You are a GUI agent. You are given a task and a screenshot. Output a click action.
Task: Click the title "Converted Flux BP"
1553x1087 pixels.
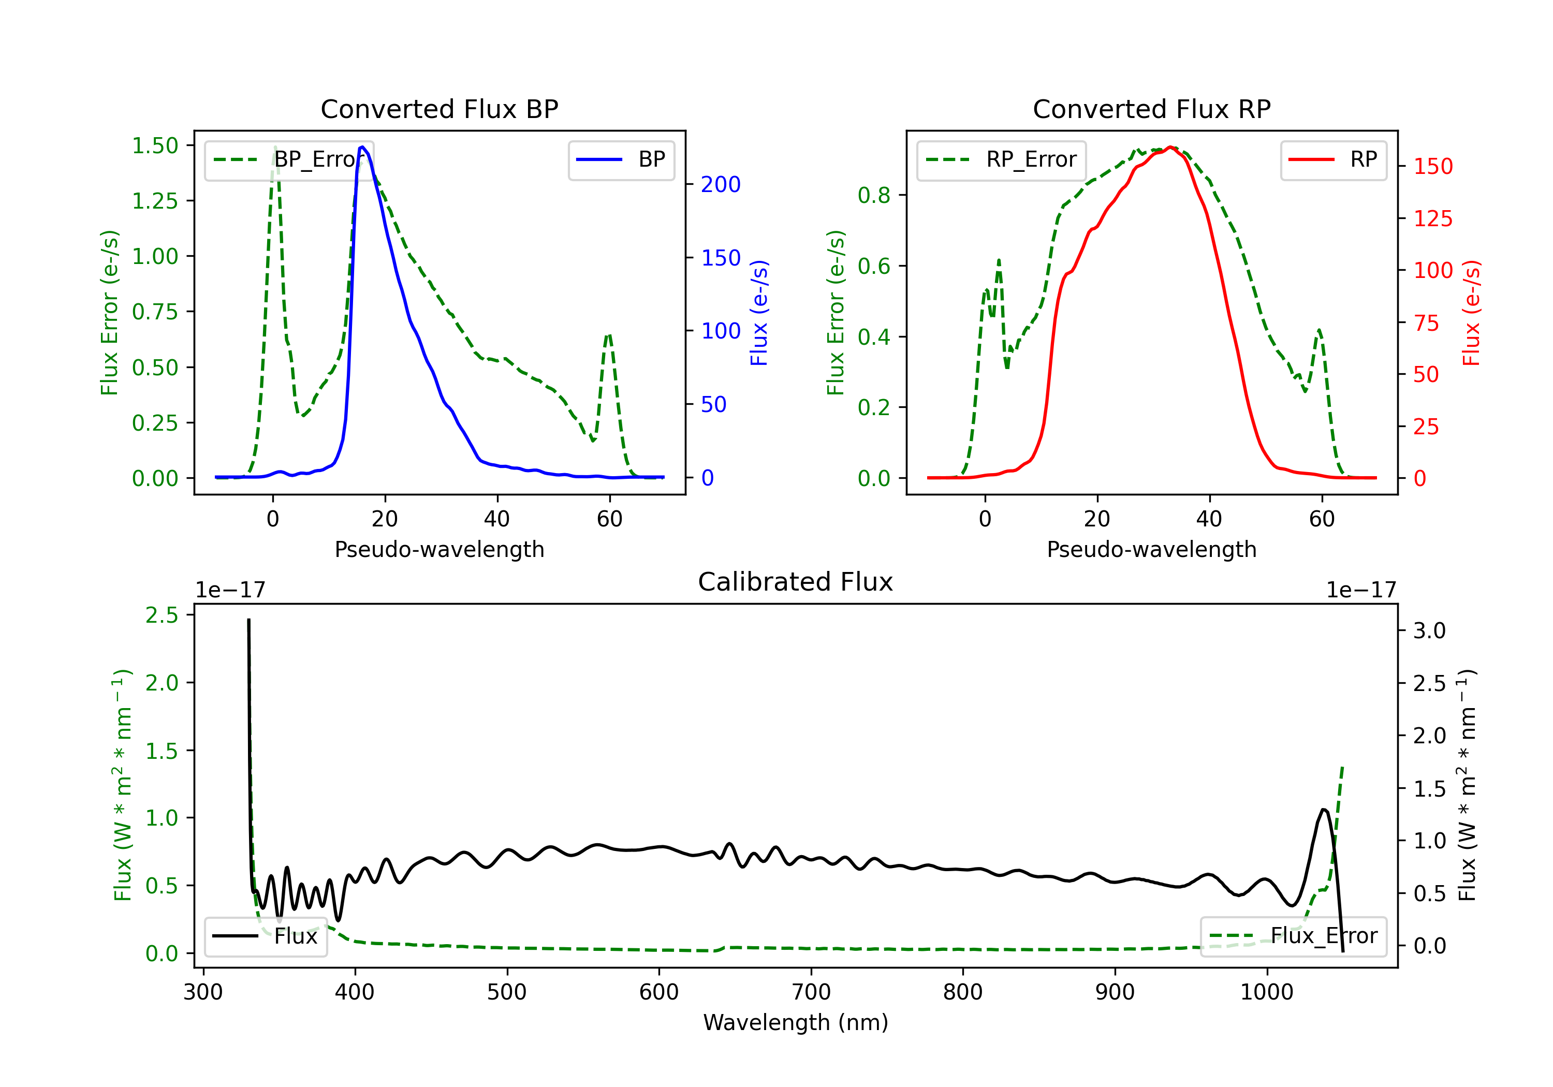click(x=439, y=109)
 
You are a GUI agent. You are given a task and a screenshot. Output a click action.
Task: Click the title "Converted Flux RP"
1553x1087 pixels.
click(x=1151, y=109)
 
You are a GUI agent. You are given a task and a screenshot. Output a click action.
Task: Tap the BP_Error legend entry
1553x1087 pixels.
click(x=289, y=159)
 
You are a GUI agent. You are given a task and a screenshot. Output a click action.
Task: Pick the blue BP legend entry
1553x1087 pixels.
click(x=621, y=159)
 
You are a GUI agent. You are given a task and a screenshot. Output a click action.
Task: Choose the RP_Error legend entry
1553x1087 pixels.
click(x=1001, y=159)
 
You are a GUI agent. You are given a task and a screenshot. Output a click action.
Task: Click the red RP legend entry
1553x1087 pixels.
click(x=1333, y=159)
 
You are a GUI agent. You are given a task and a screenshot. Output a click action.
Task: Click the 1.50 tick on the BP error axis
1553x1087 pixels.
click(x=155, y=145)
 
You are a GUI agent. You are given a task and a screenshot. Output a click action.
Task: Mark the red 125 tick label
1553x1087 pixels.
click(x=1432, y=218)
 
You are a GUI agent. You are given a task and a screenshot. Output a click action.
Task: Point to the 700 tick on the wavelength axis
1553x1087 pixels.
click(x=811, y=992)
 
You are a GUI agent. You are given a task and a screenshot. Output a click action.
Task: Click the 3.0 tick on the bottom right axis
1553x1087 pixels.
click(x=1429, y=630)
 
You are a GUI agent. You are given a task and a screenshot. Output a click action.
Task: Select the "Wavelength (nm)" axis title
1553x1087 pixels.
click(x=796, y=1022)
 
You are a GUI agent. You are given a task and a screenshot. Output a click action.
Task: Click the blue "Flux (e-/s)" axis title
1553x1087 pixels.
click(x=759, y=313)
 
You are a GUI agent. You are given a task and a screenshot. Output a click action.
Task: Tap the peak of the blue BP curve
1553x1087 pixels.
click(x=362, y=147)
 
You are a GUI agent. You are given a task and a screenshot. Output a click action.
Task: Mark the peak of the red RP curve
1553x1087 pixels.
click(x=1170, y=147)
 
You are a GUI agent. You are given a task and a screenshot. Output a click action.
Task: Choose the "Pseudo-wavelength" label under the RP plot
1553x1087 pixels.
click(x=1151, y=549)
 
